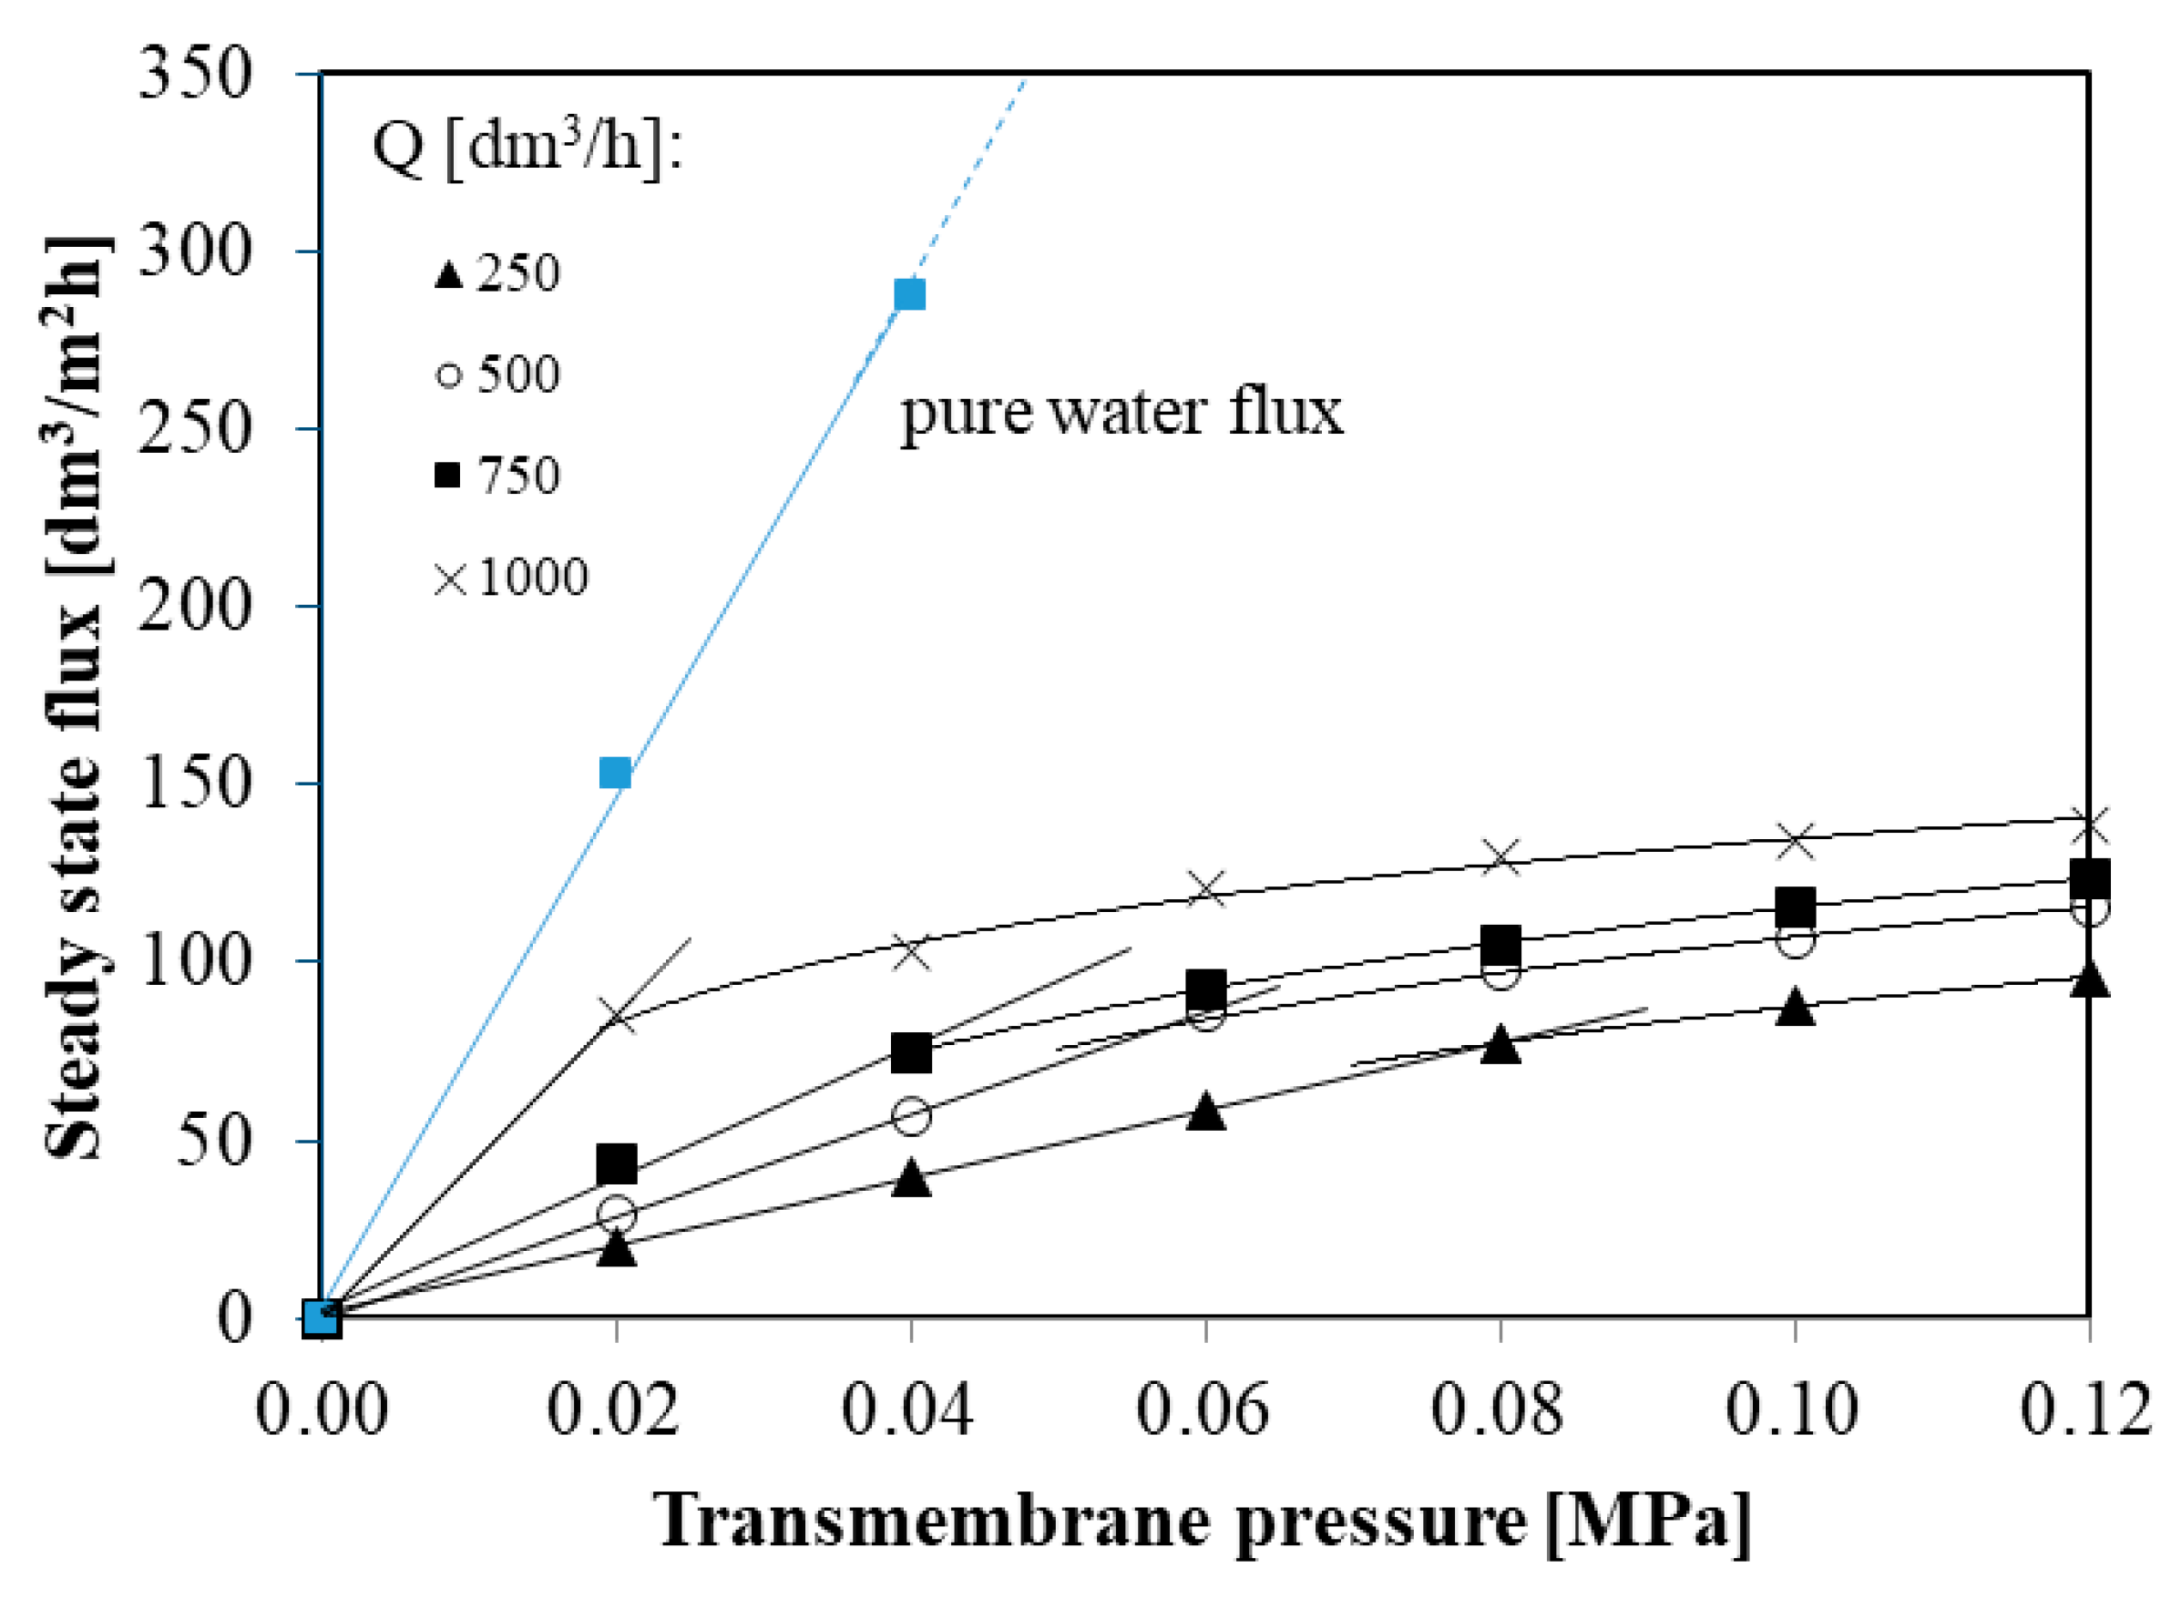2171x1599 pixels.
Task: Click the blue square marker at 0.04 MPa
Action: coord(909,294)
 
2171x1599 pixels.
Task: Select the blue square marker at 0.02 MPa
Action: coord(616,774)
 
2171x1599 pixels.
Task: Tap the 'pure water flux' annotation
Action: coord(1121,414)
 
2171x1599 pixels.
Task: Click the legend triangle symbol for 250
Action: coord(448,274)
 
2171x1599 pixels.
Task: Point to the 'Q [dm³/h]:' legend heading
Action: coord(527,149)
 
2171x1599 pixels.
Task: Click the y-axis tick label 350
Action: coord(195,74)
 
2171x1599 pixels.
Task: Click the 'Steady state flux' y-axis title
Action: coord(76,697)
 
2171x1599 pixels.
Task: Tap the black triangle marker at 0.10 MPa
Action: coord(1796,1007)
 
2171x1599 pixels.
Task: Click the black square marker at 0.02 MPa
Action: coord(617,1164)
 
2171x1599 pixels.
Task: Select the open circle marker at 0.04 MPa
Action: coord(911,1116)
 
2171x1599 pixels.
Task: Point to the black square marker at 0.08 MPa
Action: coord(1500,943)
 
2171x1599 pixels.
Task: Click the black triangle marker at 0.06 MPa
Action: coord(1206,1112)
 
